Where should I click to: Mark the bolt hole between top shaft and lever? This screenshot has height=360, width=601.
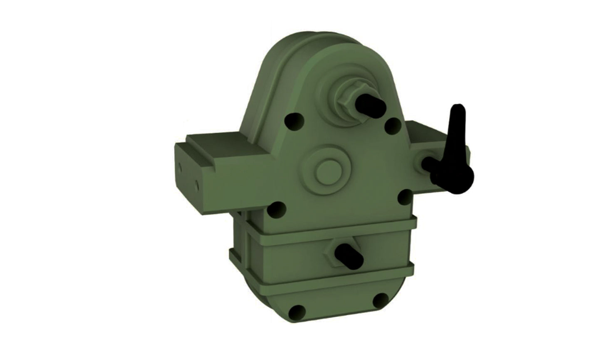click(x=393, y=124)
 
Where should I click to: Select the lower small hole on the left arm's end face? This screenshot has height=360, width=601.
click(x=196, y=183)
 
